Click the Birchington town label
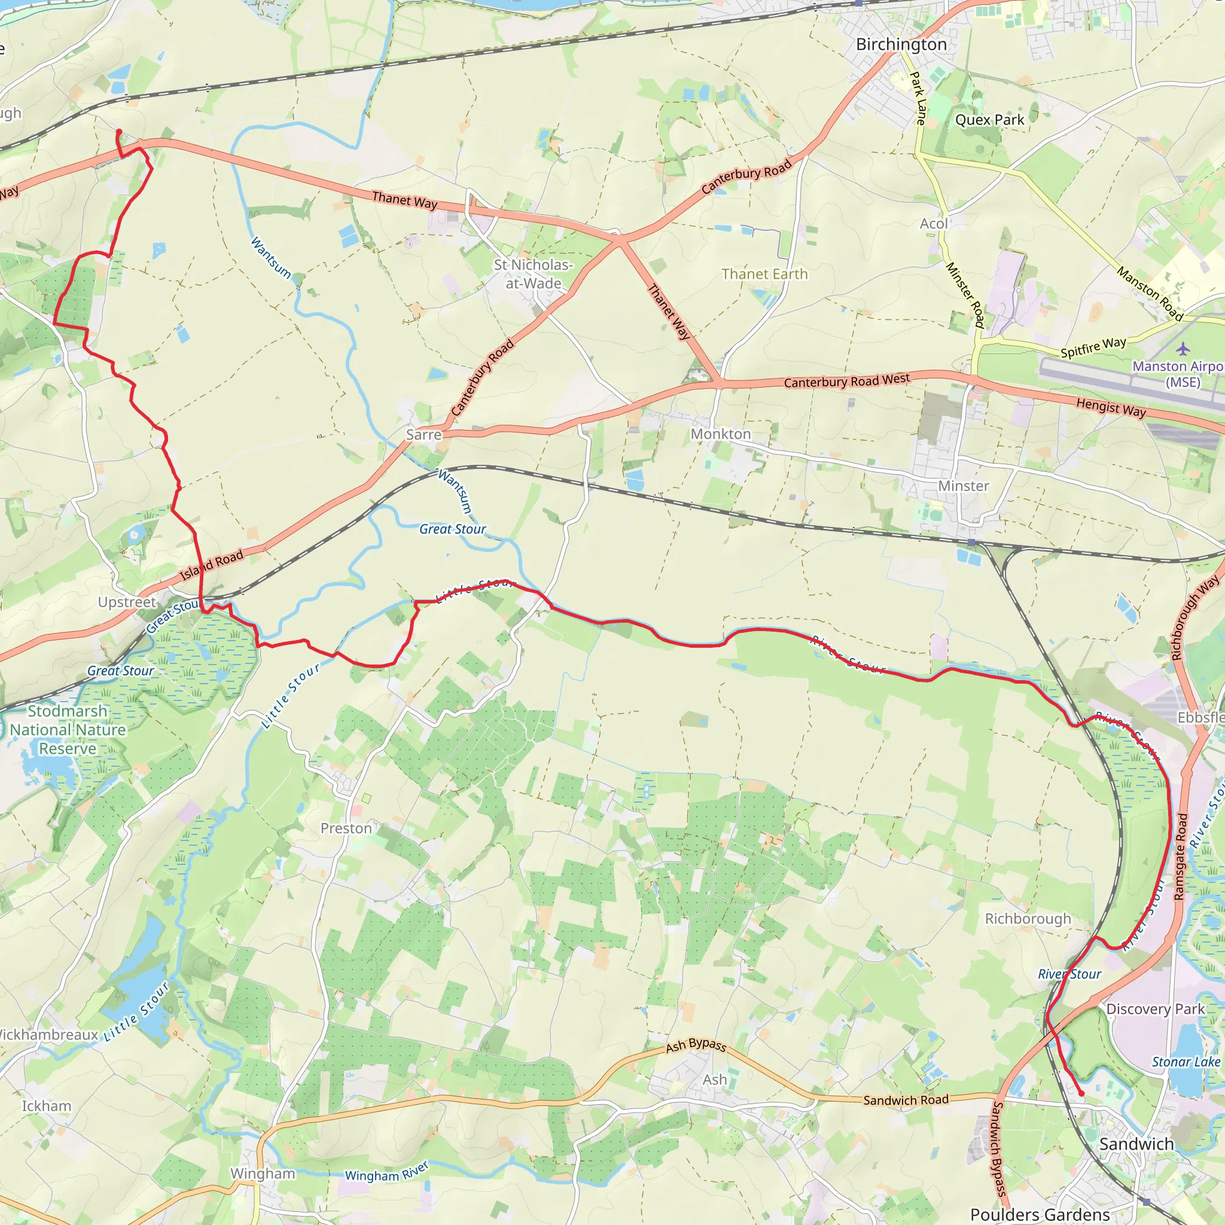click(x=901, y=44)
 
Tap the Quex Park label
click(x=989, y=120)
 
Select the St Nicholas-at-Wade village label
click(x=533, y=274)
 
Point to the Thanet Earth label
click(x=764, y=274)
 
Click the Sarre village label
click(x=423, y=434)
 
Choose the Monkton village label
click(x=721, y=434)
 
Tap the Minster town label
click(x=963, y=486)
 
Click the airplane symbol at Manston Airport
click(x=1183, y=349)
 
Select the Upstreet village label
click(x=127, y=602)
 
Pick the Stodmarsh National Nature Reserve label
click(x=68, y=730)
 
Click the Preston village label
click(x=346, y=828)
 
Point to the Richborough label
click(x=1028, y=919)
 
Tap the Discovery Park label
click(x=1155, y=1009)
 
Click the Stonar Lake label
click(x=1186, y=1062)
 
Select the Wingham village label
click(x=263, y=1173)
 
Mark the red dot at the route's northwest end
click(x=118, y=132)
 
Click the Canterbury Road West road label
click(x=846, y=381)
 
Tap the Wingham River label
click(x=387, y=1172)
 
